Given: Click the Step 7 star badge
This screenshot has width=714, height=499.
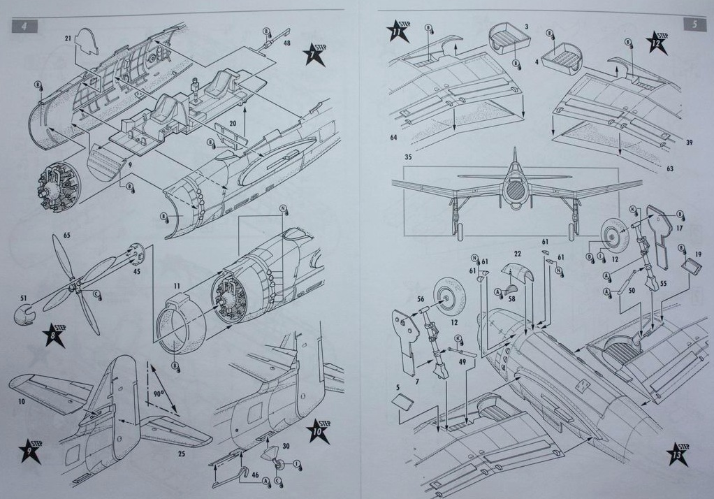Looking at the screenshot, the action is pos(314,55).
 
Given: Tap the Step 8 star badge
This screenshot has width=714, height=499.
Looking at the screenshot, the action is pos(54,335).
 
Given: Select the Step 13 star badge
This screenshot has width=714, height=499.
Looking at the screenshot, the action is pos(678,453).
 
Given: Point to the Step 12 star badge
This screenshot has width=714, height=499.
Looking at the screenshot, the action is pos(657,42).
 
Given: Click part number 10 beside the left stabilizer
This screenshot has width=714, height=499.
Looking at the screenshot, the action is pos(22,401).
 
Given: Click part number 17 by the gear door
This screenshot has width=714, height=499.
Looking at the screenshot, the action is pos(679,228).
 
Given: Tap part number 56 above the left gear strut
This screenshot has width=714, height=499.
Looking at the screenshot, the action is pos(421,299).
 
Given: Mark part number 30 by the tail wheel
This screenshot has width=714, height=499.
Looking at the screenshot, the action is pos(286,446).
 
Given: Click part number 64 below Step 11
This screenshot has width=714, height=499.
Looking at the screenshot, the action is pos(394,138).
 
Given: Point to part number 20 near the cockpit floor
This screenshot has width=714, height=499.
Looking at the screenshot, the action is pos(233,123).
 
